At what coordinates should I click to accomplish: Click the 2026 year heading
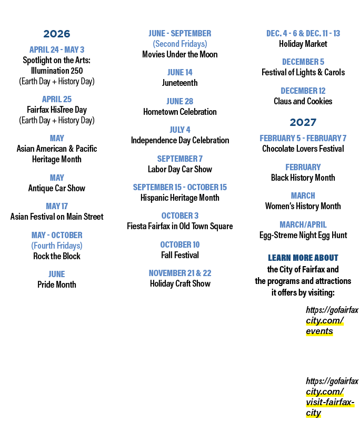[57, 34]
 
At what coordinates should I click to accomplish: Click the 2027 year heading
[303, 122]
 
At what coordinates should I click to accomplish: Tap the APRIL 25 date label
[57, 99]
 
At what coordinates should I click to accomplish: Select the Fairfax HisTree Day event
[57, 110]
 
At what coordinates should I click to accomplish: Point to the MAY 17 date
[57, 206]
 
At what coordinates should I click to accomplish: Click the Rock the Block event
[57, 256]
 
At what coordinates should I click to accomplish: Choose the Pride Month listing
[57, 285]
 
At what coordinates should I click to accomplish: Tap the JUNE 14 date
[179, 72]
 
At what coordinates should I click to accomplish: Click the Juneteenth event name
[179, 83]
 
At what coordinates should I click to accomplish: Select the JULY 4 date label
[179, 130]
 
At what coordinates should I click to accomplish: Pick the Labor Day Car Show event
[179, 169]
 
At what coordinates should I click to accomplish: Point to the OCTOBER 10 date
[179, 244]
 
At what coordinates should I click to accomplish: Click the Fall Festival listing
[179, 255]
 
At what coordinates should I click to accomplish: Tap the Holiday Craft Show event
[180, 283]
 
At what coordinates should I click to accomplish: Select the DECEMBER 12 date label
[303, 91]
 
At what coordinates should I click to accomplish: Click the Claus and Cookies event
[303, 101]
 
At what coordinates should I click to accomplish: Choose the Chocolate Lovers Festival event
[303, 149]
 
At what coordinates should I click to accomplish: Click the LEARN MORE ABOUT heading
[303, 258]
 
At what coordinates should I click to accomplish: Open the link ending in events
[332, 320]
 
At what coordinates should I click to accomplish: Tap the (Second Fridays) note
[179, 44]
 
